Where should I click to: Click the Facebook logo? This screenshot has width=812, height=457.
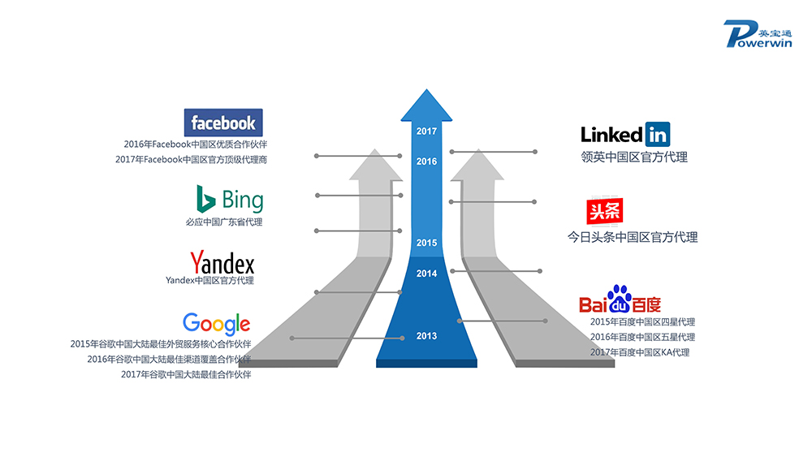pyautogui.click(x=223, y=123)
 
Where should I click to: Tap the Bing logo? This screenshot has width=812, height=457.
pyautogui.click(x=229, y=200)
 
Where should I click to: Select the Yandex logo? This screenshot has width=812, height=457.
pyautogui.click(x=222, y=263)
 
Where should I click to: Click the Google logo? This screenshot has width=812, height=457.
pyautogui.click(x=216, y=323)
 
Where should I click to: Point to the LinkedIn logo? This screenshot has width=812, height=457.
pyautogui.click(x=624, y=134)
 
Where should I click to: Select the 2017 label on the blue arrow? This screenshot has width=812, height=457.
pyautogui.click(x=426, y=131)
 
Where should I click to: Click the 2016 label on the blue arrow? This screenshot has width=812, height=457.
pyautogui.click(x=426, y=162)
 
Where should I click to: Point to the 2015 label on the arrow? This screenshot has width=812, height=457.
pyautogui.click(x=426, y=243)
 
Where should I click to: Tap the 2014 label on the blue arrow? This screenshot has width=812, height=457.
pyautogui.click(x=426, y=274)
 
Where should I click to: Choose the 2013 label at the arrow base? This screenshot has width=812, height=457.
pyautogui.click(x=426, y=336)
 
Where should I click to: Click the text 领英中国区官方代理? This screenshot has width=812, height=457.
pyautogui.click(x=634, y=157)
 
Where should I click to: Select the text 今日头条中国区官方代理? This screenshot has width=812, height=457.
pyautogui.click(x=632, y=238)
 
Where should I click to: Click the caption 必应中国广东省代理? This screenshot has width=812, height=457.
pyautogui.click(x=224, y=222)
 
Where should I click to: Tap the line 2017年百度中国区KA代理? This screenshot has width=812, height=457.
pyautogui.click(x=640, y=352)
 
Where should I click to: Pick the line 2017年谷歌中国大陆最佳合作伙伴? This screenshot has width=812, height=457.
pyautogui.click(x=186, y=374)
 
